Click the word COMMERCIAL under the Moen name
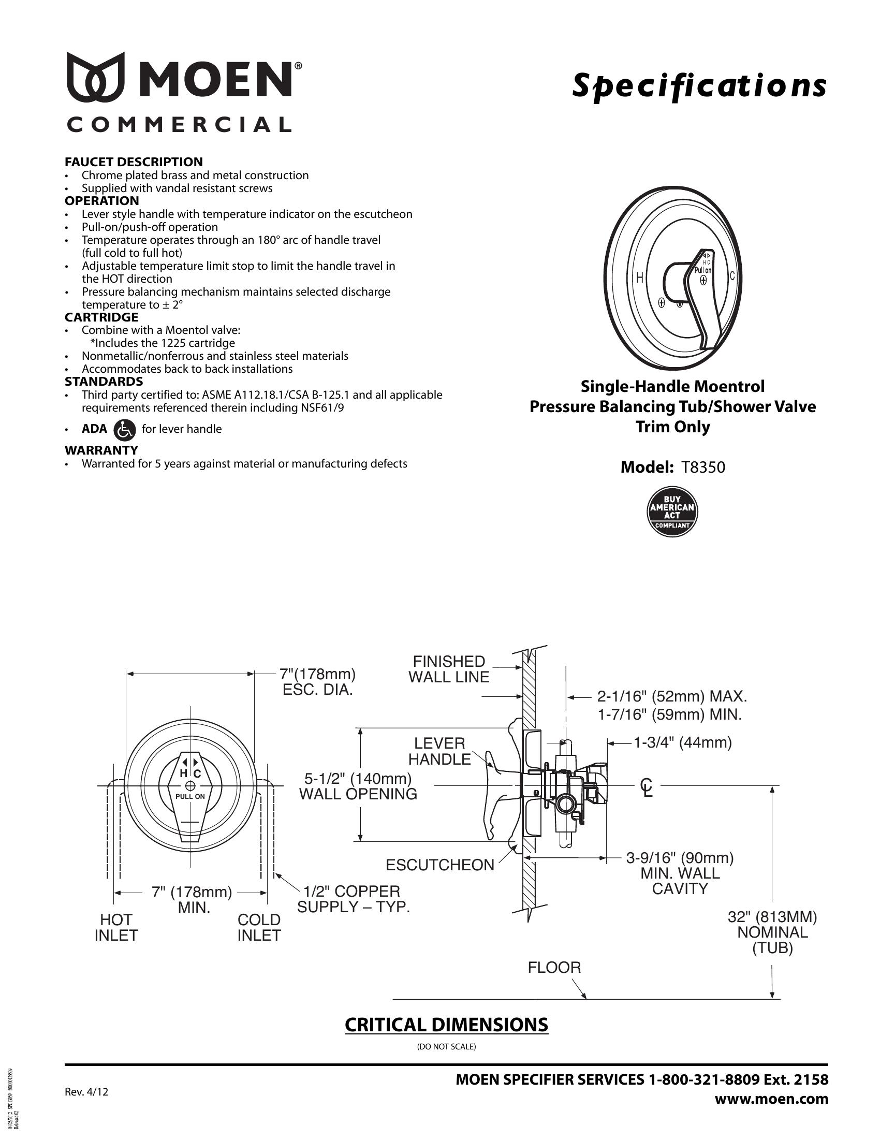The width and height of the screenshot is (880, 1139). pyautogui.click(x=179, y=125)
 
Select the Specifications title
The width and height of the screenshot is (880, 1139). pyautogui.click(x=700, y=86)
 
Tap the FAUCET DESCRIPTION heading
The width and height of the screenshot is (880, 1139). pyautogui.click(x=134, y=162)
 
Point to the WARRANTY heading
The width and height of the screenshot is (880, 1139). pyautogui.click(x=101, y=450)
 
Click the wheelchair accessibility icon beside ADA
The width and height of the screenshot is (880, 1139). pyautogui.click(x=124, y=429)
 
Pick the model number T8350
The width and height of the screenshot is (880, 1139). pyautogui.click(x=703, y=468)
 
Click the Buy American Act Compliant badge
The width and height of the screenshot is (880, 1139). pyautogui.click(x=672, y=512)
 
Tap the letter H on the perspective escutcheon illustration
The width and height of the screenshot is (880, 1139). pyautogui.click(x=639, y=278)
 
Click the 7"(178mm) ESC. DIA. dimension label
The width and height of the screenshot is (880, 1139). pyautogui.click(x=318, y=682)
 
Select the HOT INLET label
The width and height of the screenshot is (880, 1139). pyautogui.click(x=116, y=928)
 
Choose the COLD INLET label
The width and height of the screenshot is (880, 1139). pyautogui.click(x=259, y=928)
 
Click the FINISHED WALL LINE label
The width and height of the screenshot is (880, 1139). pyautogui.click(x=449, y=669)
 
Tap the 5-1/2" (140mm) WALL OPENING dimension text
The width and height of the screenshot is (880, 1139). pyautogui.click(x=358, y=786)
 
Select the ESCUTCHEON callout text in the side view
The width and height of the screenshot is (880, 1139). pyautogui.click(x=439, y=865)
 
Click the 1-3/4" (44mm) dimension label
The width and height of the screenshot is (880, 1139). pyautogui.click(x=682, y=742)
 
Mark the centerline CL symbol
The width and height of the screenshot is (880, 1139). pyautogui.click(x=647, y=787)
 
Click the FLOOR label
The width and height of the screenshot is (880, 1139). pyautogui.click(x=554, y=968)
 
